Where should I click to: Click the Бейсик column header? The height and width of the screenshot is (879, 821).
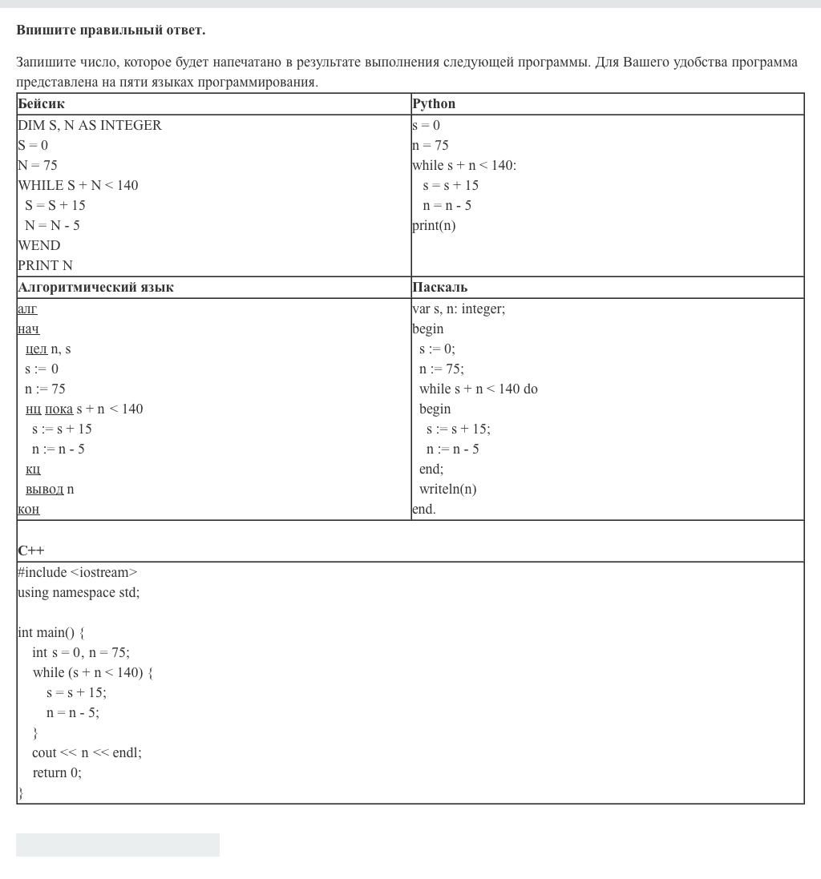[x=41, y=104]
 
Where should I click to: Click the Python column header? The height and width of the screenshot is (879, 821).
[x=434, y=104]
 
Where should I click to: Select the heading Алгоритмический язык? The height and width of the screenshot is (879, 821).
[x=95, y=288]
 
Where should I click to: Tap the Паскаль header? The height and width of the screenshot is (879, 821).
[x=439, y=288]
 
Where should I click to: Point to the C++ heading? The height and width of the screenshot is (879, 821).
[x=31, y=551]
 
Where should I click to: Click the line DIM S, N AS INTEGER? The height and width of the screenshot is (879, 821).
[x=90, y=126]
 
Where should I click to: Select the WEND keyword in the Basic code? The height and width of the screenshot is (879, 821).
[x=38, y=246]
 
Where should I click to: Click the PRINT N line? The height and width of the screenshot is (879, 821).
[x=45, y=266]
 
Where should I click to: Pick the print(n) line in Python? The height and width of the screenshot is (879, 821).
[x=434, y=226]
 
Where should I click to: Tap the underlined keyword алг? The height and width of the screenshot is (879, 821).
[x=27, y=309]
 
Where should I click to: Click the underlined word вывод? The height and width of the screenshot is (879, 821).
[x=44, y=490]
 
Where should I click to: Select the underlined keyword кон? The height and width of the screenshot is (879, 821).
[x=28, y=510]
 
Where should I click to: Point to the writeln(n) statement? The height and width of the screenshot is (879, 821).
[x=447, y=490]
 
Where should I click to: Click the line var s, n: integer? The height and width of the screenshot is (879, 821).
[x=459, y=309]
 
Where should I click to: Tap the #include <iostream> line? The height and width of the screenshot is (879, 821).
[x=77, y=573]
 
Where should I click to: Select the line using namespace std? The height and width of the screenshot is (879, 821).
[x=79, y=593]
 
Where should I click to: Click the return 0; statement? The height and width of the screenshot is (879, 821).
[x=57, y=773]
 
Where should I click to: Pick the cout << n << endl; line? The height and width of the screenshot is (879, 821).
[x=87, y=753]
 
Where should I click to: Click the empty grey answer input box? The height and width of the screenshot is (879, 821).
[x=118, y=845]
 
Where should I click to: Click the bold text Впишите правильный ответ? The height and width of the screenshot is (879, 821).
[x=111, y=30]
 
